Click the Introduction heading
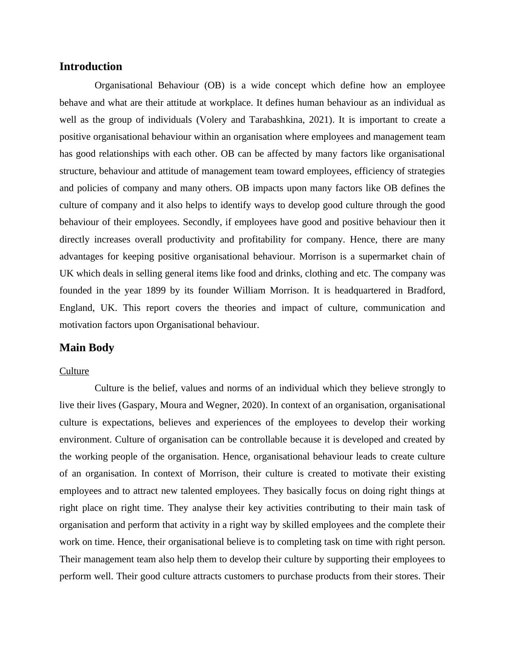coord(90,67)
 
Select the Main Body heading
coord(87,348)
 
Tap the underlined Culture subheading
coord(74,371)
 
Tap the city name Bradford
coord(426,291)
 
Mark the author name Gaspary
coord(139,405)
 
